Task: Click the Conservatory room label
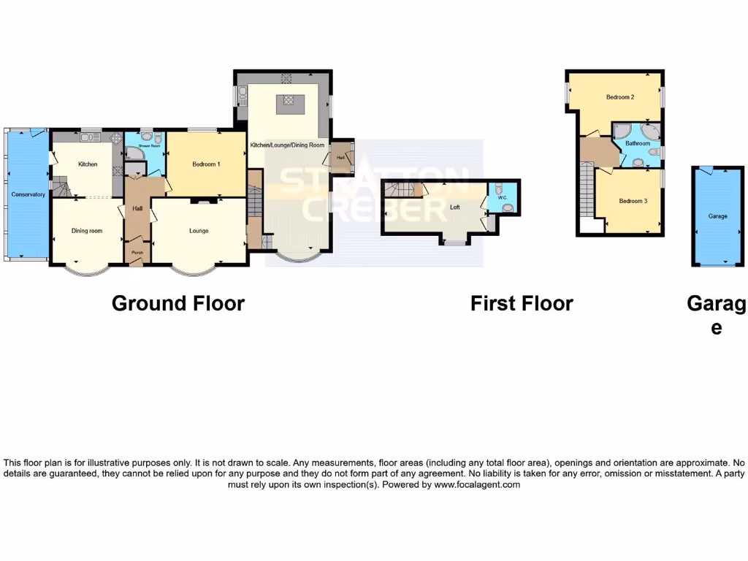coord(28,194)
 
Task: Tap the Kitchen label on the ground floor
coord(88,164)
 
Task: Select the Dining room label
coord(86,231)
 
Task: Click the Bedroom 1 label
coord(206,164)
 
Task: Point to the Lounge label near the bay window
coord(199,231)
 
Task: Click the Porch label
coord(137,253)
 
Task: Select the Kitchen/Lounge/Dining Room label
coord(287,145)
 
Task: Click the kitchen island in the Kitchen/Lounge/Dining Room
coord(287,104)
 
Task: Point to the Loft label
coord(455,207)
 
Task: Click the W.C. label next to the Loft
coord(502,197)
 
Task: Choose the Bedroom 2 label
coord(619,97)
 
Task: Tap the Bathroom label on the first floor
coord(637,144)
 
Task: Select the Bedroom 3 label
coord(633,201)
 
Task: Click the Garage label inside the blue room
coord(717,216)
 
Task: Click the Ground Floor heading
coord(178,303)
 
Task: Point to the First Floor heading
coord(522,303)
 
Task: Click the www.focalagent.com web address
coord(477,484)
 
